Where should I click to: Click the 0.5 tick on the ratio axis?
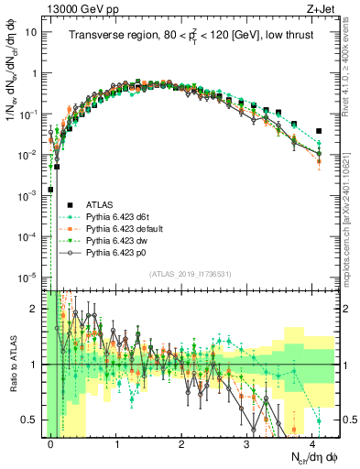tap(31, 420)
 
